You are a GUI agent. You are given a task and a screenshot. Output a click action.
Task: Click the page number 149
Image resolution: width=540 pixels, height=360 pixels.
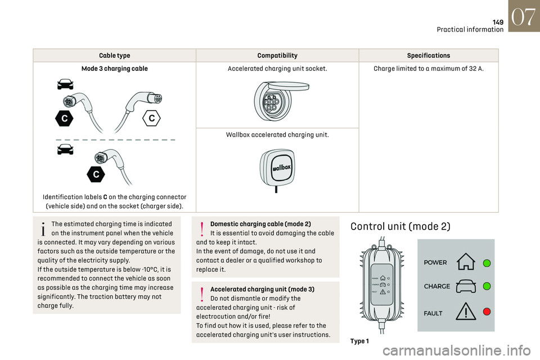(x=498, y=22)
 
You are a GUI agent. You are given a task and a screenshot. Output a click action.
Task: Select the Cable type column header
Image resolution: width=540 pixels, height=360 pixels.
(x=115, y=56)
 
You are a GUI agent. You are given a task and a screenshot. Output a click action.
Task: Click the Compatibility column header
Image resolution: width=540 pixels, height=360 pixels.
(x=277, y=56)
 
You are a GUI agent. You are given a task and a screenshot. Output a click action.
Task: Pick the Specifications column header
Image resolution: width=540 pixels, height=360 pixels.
(x=429, y=56)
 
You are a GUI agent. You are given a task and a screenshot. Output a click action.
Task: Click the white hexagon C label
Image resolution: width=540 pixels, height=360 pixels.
(x=152, y=119)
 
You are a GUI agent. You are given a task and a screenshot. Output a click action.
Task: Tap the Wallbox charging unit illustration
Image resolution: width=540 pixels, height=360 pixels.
(x=277, y=168)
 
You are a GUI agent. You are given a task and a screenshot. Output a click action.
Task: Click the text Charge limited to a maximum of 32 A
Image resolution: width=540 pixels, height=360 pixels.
(x=429, y=69)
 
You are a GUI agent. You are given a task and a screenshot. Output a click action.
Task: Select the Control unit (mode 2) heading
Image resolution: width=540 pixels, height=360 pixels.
(x=400, y=227)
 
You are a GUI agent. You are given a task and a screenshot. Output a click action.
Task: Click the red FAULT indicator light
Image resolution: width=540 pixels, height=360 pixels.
(x=487, y=311)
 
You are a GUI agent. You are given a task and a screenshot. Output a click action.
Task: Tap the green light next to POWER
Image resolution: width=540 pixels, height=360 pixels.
(x=487, y=263)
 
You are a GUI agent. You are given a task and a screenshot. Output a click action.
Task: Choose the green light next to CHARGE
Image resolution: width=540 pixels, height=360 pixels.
(x=487, y=286)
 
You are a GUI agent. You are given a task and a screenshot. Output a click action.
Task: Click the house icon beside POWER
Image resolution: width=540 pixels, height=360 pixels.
(x=466, y=262)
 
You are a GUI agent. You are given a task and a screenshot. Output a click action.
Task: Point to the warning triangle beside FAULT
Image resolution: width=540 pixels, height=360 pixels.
(x=466, y=311)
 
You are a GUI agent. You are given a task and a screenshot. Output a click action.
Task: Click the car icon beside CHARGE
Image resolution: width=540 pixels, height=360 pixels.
(x=466, y=286)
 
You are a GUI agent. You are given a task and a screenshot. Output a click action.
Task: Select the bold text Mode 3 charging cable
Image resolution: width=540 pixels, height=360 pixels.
(x=115, y=69)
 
